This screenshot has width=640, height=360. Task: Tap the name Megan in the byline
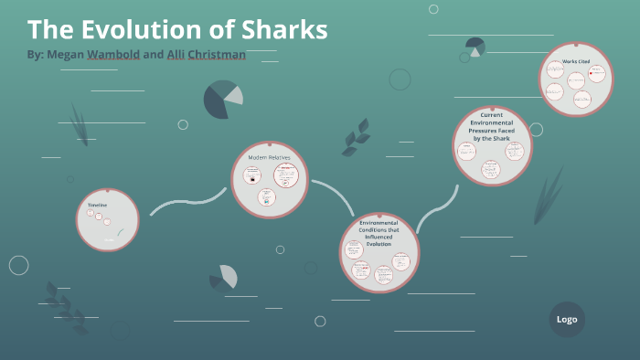pyautogui.click(x=65, y=55)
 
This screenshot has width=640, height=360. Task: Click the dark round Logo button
pyautogui.click(x=567, y=319)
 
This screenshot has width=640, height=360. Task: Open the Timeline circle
pyautogui.click(x=107, y=220)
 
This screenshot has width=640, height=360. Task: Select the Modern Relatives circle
pyautogui.click(x=269, y=179)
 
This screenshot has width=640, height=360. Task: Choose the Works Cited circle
pyautogui.click(x=575, y=79)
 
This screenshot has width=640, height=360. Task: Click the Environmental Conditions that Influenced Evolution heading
pyautogui.click(x=379, y=234)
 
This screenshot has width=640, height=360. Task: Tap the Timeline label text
pyautogui.click(x=97, y=205)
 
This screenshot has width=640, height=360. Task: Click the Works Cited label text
pyautogui.click(x=575, y=61)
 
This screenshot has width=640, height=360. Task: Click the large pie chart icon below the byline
pyautogui.click(x=222, y=99)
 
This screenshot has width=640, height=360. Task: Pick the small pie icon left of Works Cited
pyautogui.click(x=475, y=46)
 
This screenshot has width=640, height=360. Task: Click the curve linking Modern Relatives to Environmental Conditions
pyautogui.click(x=336, y=194)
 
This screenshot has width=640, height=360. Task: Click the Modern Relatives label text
pyautogui.click(x=269, y=157)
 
